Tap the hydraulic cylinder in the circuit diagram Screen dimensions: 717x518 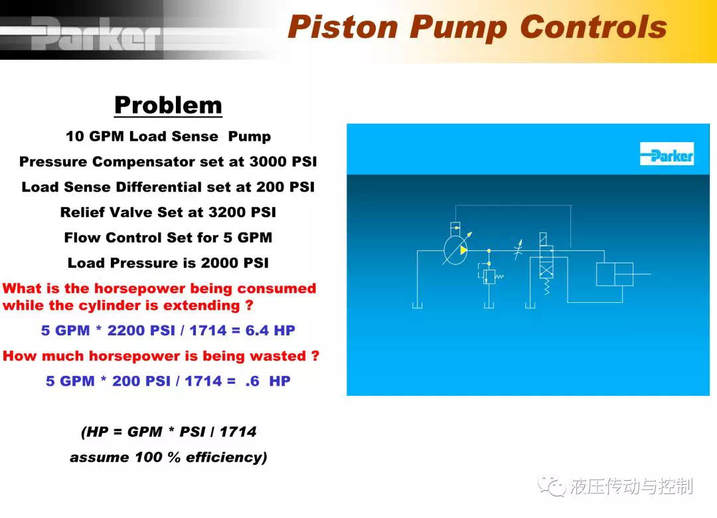click(x=615, y=274)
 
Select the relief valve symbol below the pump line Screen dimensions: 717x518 click(x=489, y=276)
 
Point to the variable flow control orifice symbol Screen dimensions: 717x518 click(x=518, y=250)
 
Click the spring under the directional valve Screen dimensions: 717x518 click(x=546, y=287)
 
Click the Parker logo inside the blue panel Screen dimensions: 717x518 click(x=667, y=154)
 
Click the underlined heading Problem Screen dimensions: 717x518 click(x=168, y=106)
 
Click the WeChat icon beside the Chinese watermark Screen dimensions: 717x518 click(x=552, y=486)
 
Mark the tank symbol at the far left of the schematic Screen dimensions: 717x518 click(x=417, y=305)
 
